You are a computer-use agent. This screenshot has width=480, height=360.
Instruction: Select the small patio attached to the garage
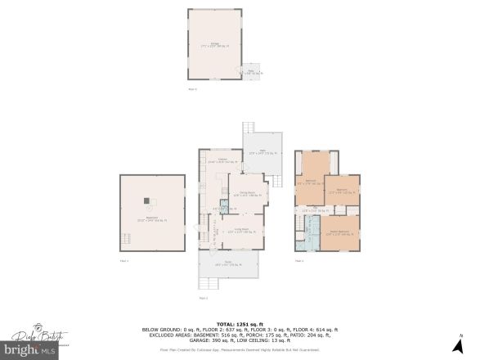(253, 72)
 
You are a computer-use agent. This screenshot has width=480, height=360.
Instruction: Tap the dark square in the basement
(147, 200)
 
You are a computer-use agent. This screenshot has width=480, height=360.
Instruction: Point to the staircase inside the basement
(125, 241)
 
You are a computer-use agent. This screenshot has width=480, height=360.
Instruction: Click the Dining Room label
(244, 195)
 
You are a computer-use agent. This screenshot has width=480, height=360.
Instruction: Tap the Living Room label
(241, 231)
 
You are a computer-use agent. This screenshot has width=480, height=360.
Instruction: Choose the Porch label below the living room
(228, 263)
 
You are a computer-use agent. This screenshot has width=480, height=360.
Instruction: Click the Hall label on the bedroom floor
(314, 211)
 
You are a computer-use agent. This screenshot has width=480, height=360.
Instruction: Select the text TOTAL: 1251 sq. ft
(240, 324)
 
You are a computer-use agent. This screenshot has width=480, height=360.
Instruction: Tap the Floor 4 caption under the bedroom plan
(298, 260)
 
